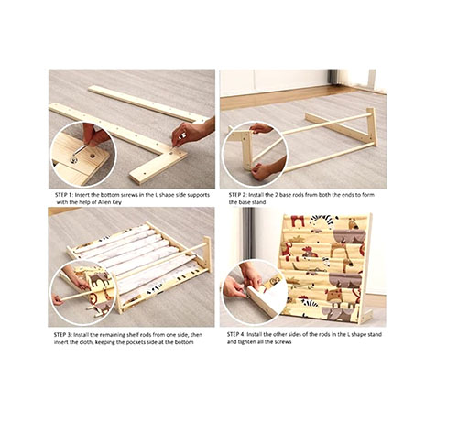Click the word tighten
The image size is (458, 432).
pyautogui.click(x=247, y=342)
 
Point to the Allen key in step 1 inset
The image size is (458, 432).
pyautogui.click(x=80, y=151)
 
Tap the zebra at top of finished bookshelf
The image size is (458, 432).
pyautogui.click(x=322, y=222)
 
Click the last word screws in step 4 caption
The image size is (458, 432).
pyautogui.click(x=283, y=342)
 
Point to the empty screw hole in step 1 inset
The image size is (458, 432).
pyautogui.click(x=93, y=156)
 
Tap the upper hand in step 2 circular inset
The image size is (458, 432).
pyautogui.click(x=261, y=128)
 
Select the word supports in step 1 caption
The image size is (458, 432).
pyautogui.click(x=199, y=195)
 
